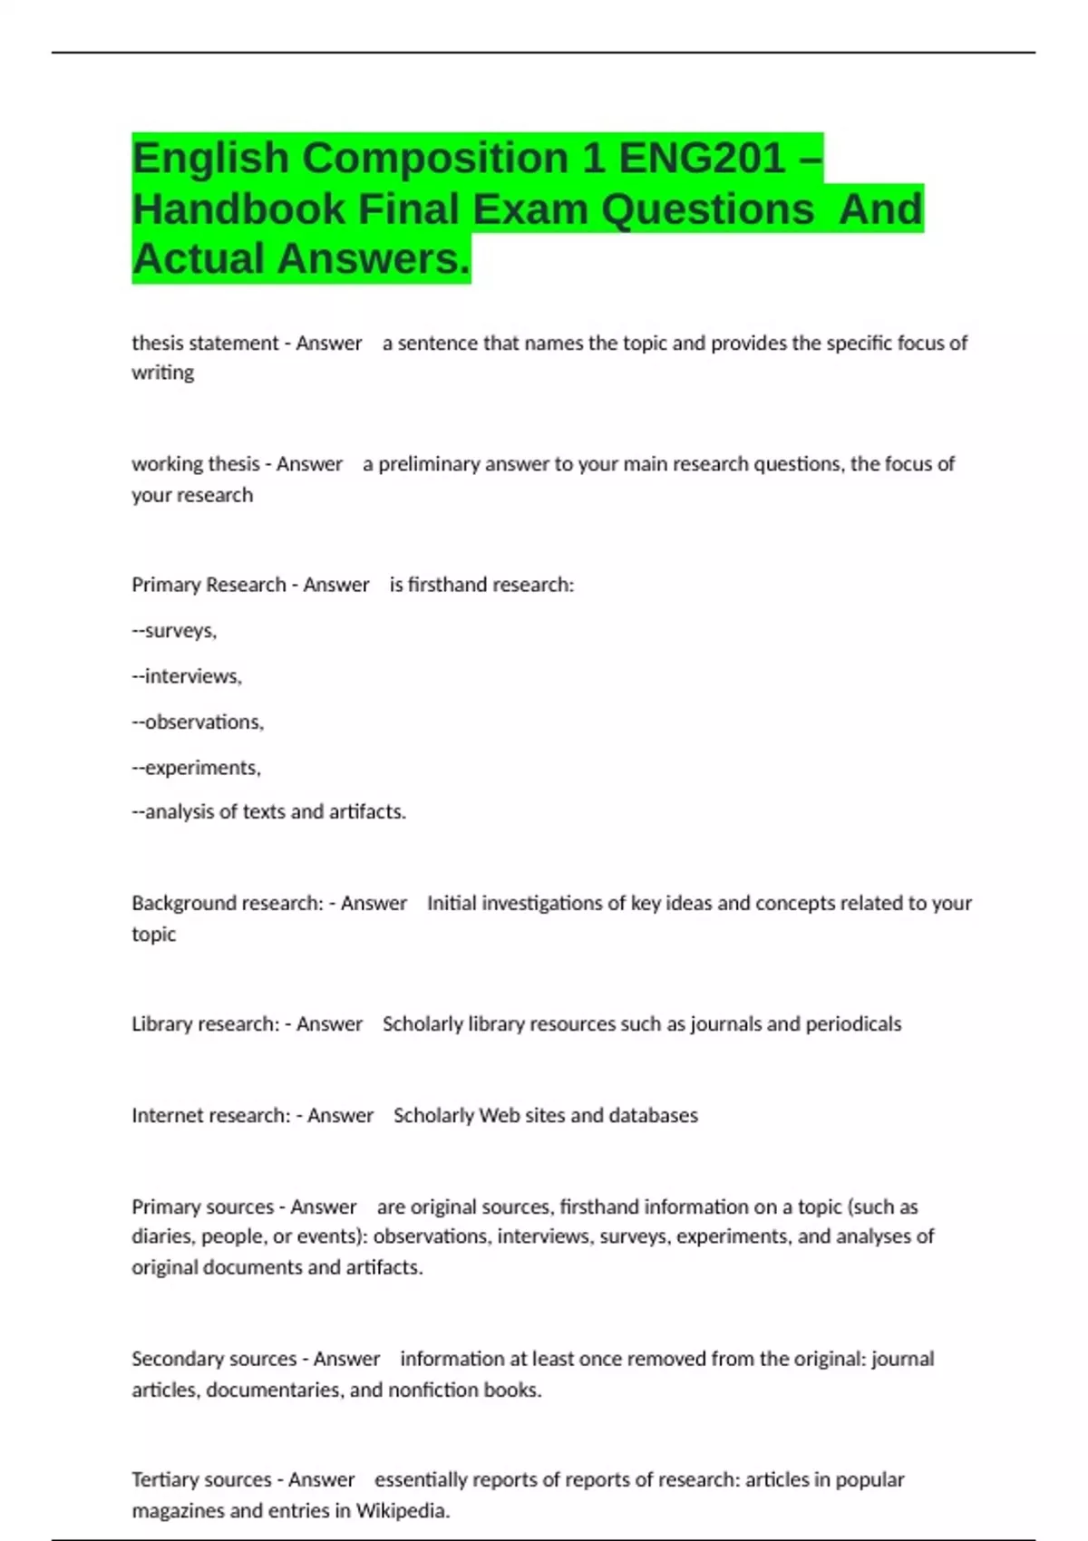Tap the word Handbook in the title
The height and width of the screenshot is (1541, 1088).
click(238, 208)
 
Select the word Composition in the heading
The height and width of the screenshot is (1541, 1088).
click(435, 158)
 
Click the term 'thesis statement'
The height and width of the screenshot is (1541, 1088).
click(205, 343)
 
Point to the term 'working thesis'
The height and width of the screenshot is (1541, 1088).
click(195, 464)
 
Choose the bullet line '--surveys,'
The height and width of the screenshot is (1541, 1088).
click(174, 631)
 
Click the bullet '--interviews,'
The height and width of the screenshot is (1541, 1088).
click(187, 676)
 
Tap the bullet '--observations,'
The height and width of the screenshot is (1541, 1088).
click(198, 722)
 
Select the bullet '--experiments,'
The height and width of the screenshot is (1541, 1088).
click(196, 768)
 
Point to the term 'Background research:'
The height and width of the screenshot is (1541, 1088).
click(227, 903)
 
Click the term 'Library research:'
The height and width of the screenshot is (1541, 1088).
click(205, 1024)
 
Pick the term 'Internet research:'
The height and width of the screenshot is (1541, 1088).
click(210, 1116)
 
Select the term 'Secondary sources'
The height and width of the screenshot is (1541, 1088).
click(214, 1359)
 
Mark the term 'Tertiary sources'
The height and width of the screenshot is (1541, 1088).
click(201, 1480)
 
